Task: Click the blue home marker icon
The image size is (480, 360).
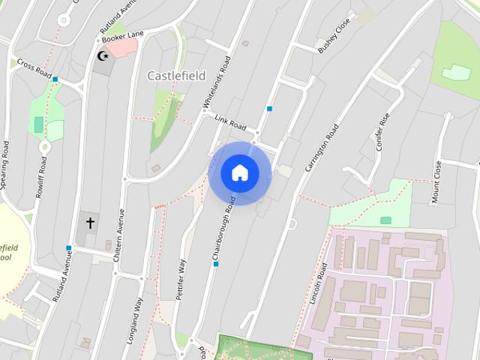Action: click(240, 173)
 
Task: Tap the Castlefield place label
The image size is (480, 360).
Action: click(176, 76)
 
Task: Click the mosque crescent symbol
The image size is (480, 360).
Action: click(103, 55)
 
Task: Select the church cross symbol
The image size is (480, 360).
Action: click(91, 223)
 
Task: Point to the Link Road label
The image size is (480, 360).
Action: click(230, 121)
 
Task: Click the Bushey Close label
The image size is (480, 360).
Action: click(334, 36)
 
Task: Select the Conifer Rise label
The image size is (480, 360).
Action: click(385, 131)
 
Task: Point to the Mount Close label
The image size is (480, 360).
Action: click(436, 182)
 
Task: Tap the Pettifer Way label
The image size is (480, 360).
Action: click(181, 280)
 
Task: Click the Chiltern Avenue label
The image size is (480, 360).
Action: click(118, 235)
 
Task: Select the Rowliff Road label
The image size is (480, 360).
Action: click(40, 178)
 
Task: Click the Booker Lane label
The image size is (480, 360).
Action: click(122, 34)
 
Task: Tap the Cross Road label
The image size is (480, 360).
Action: click(34, 70)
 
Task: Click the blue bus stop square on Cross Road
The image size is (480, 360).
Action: click(55, 78)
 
